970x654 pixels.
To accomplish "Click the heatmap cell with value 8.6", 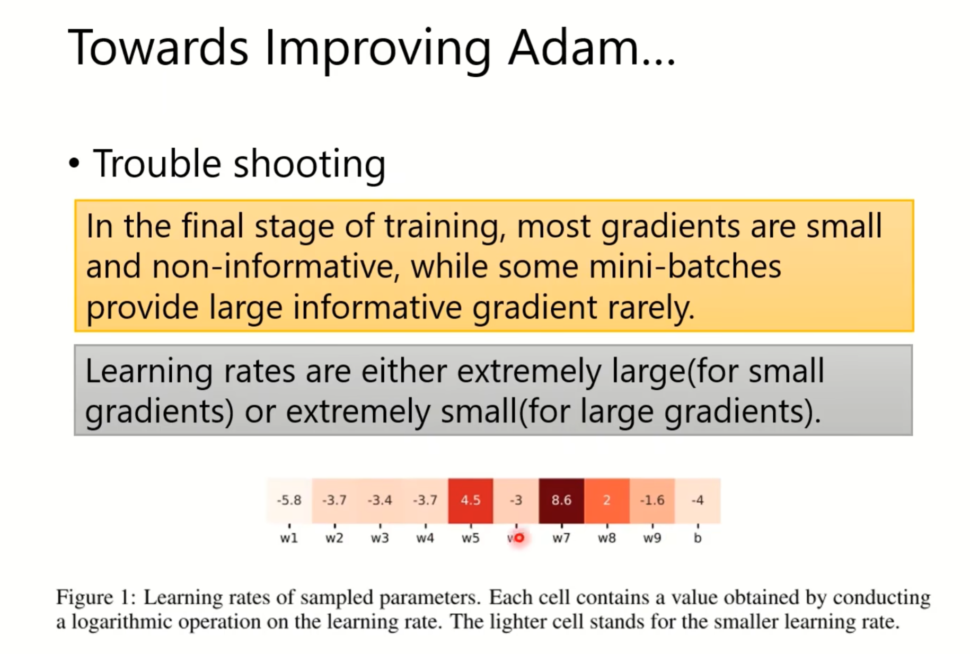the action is pyautogui.click(x=561, y=500).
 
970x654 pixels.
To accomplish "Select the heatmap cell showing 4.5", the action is pyautogui.click(x=471, y=500).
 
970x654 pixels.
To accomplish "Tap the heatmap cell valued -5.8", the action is pyautogui.click(x=289, y=500).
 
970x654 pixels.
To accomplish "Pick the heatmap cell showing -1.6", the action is pyautogui.click(x=652, y=500).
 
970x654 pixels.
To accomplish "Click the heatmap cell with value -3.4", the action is pyautogui.click(x=380, y=500).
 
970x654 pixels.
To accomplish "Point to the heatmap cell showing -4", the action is pyautogui.click(x=698, y=500).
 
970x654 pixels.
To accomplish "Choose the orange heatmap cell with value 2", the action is pyautogui.click(x=607, y=500).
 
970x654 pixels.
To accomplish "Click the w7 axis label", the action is pyautogui.click(x=561, y=539).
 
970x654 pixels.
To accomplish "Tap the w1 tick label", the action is pyautogui.click(x=289, y=539).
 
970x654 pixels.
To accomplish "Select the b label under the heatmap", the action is pyautogui.click(x=698, y=538).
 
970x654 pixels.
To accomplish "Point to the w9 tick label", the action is pyautogui.click(x=652, y=539).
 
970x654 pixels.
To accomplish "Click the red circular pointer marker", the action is pyautogui.click(x=519, y=538).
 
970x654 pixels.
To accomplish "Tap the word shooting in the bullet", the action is pyautogui.click(x=310, y=165).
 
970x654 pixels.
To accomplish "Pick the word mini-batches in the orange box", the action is pyautogui.click(x=685, y=266).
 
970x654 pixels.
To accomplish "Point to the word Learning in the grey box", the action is pyautogui.click(x=149, y=372).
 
